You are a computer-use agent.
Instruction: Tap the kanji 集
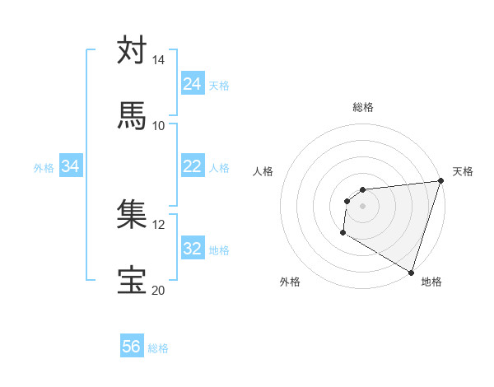point(132,215)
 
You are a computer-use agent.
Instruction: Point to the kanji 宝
point(132,281)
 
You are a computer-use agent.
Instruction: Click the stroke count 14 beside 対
point(158,60)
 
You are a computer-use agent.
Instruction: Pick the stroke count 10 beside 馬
point(158,125)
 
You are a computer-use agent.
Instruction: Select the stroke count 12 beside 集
point(158,225)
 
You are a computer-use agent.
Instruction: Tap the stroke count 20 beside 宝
point(158,290)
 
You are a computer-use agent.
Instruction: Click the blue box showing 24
point(192,84)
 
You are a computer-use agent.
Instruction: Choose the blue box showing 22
point(192,166)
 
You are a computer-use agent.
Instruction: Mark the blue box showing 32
point(192,249)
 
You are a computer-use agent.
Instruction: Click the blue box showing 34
point(71,166)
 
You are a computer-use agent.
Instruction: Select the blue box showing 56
point(132,347)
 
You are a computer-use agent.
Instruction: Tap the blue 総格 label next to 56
point(158,348)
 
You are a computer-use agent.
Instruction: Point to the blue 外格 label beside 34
point(44,168)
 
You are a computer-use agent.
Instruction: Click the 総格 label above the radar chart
point(363,107)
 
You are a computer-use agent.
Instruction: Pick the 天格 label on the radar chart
point(463,171)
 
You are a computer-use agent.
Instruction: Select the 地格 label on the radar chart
point(431,282)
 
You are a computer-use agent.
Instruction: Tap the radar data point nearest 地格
point(410,272)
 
